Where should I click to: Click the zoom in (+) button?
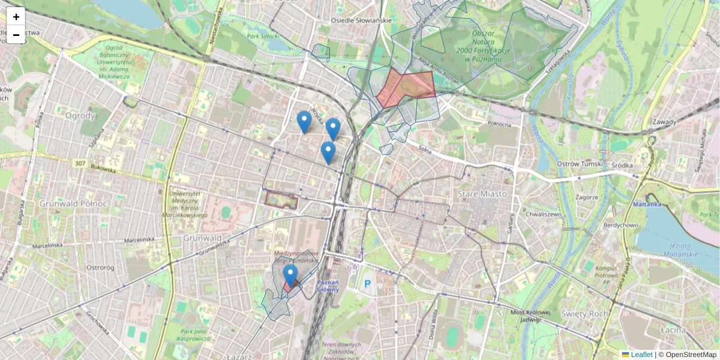[16, 17]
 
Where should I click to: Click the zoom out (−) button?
[16, 35]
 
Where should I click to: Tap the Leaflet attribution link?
[641, 355]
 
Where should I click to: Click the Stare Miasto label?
[482, 194]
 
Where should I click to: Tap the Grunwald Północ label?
[73, 203]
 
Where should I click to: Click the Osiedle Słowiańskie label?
[362, 20]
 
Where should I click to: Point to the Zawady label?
[664, 122]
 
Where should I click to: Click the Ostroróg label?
[100, 267]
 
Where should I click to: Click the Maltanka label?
[647, 204]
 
